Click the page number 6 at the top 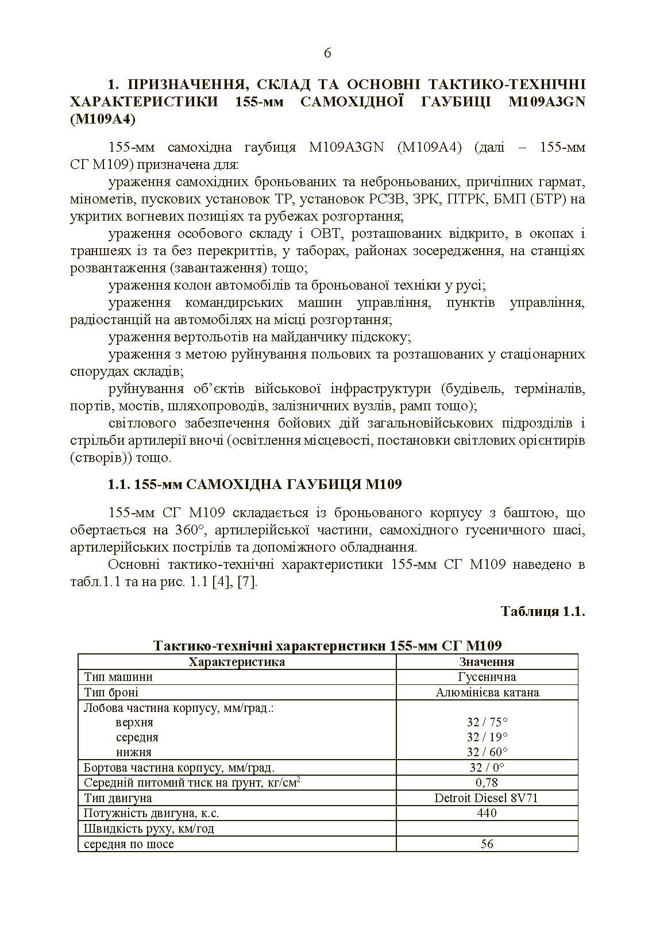(327, 53)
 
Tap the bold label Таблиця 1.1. (542, 611)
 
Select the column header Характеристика (237, 662)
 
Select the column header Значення (487, 662)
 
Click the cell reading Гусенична (487, 677)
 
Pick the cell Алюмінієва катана (487, 692)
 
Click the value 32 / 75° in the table (487, 722)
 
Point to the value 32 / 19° (487, 737)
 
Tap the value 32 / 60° (487, 752)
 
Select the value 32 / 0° (487, 768)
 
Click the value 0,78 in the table (487, 783)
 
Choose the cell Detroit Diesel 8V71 (487, 798)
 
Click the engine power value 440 (487, 813)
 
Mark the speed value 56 (487, 844)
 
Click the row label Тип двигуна (118, 798)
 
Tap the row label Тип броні (111, 692)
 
